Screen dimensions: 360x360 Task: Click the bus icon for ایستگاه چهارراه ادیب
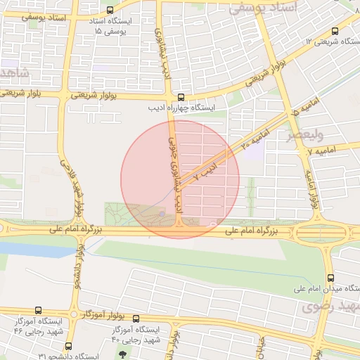click(182, 98)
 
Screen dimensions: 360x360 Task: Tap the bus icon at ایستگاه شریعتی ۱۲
click(334, 31)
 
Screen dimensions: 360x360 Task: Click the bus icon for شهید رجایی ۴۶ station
click(37, 309)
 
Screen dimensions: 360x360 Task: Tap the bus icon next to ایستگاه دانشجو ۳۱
click(68, 345)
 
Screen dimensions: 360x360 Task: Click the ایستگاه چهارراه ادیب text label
click(181, 109)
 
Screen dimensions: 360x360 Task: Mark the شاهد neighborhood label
click(13, 73)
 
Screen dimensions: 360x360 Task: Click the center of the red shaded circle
click(180, 179)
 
